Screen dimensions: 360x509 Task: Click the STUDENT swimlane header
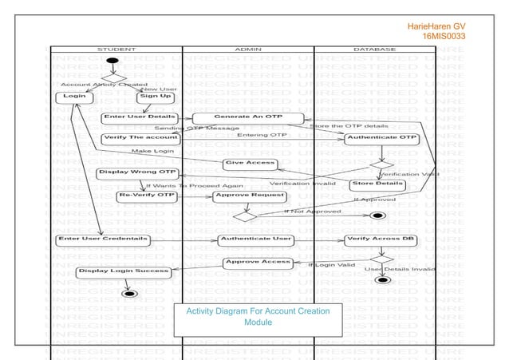coord(116,49)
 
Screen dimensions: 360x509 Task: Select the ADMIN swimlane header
coord(248,49)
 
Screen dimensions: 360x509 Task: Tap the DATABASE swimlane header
coord(374,49)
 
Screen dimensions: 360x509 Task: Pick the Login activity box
coord(73,97)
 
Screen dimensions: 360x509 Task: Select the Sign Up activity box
coord(156,97)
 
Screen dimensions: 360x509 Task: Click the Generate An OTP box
coord(238,117)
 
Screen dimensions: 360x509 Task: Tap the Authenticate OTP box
coord(381,137)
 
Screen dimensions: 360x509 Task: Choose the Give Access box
coord(249,163)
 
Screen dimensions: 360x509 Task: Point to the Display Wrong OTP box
coord(136,172)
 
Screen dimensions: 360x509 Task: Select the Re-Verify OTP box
coord(147,195)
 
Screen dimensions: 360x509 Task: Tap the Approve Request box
coord(250,195)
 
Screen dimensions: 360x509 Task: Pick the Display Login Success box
coord(123,271)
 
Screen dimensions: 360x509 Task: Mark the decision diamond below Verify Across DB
coord(382,259)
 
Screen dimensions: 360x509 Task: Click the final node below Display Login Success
coord(128,293)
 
